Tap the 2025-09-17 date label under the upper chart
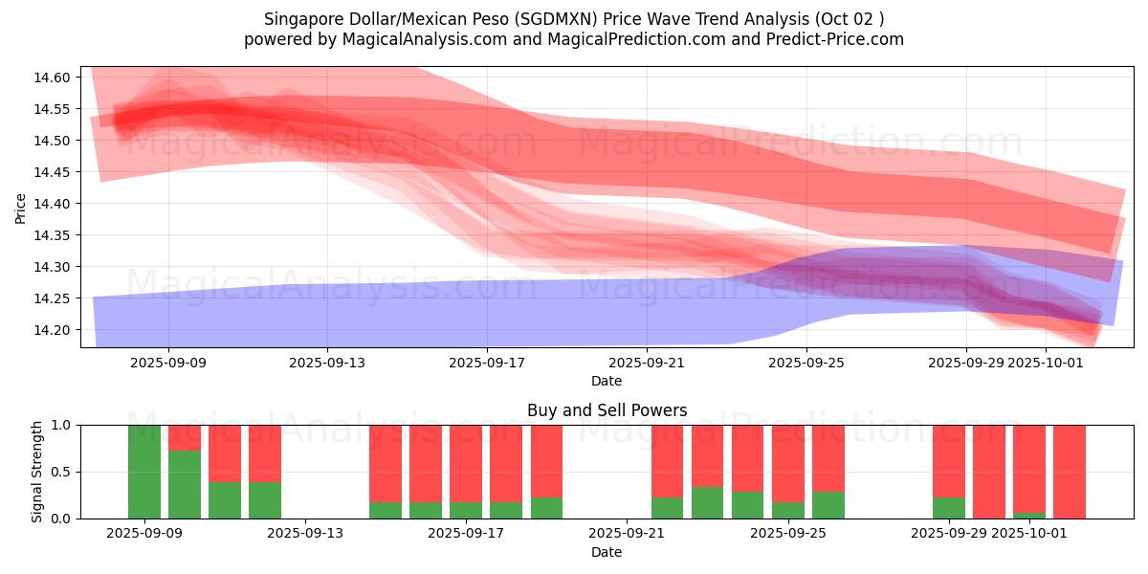[487, 363]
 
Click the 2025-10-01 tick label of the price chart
[1046, 363]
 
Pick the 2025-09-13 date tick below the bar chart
[305, 534]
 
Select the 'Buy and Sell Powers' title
[607, 410]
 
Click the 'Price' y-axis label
[21, 208]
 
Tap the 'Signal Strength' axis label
[37, 472]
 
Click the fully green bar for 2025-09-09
[144, 472]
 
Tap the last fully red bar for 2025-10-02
[1070, 472]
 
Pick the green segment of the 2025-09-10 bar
[185, 484]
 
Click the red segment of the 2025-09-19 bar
[546, 461]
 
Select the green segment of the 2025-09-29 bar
[949, 508]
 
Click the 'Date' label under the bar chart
[607, 552]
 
